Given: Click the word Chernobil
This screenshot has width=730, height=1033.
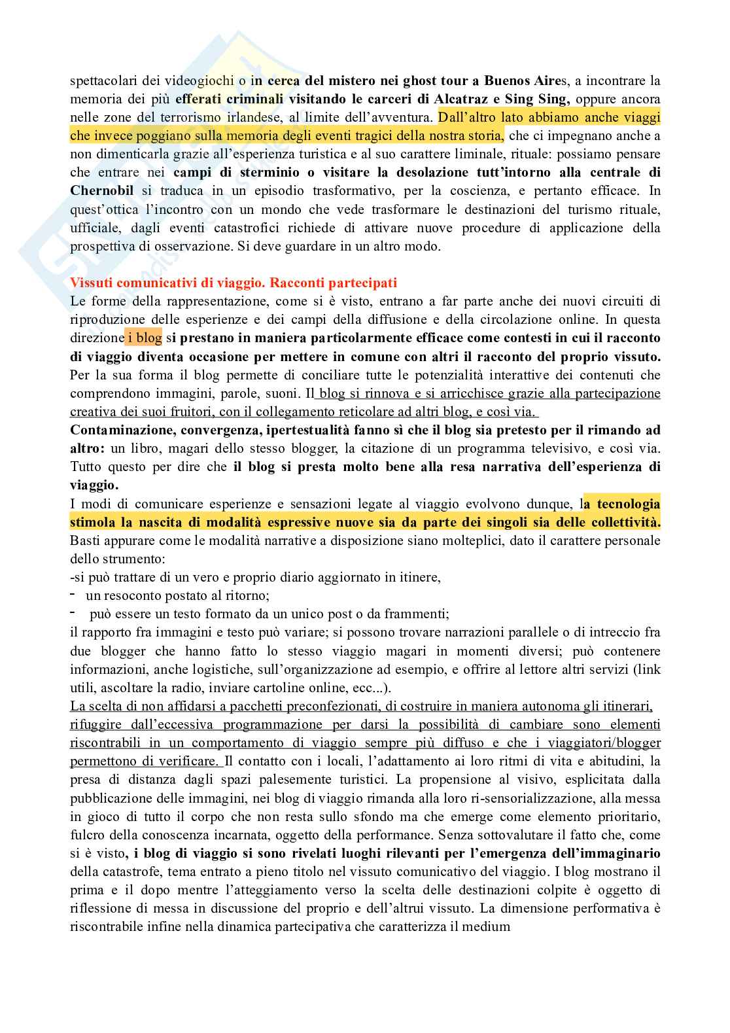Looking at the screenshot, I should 102,191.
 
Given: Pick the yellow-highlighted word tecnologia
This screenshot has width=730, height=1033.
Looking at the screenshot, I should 623,504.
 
